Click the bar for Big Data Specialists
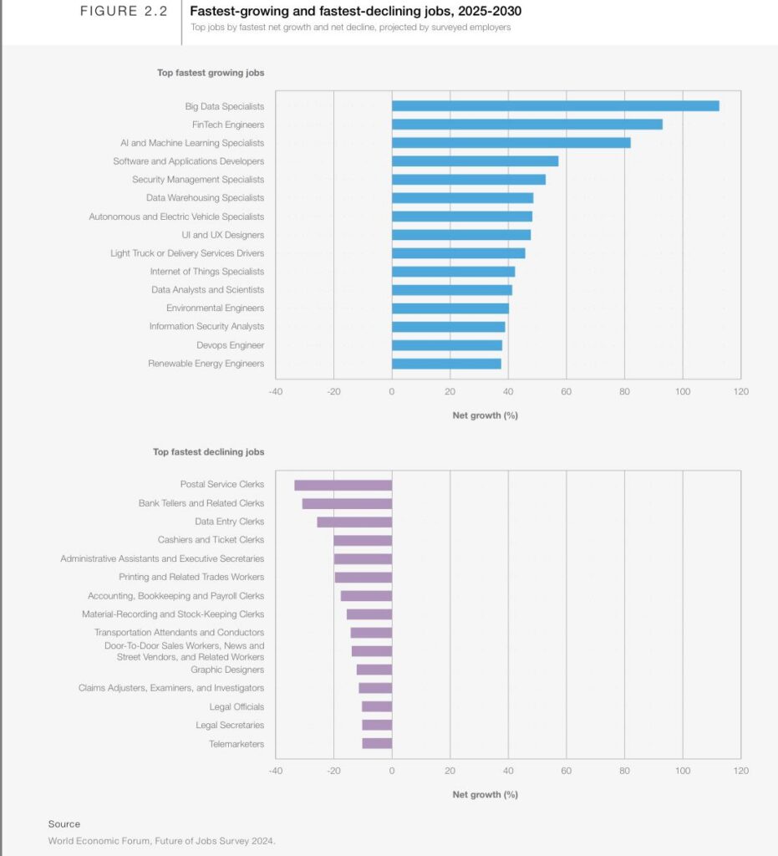pyautogui.click(x=555, y=106)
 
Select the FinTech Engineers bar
pyautogui.click(x=526, y=125)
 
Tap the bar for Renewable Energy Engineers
pyautogui.click(x=446, y=364)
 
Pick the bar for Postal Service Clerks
pyautogui.click(x=343, y=485)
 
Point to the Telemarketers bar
pyautogui.click(x=377, y=743)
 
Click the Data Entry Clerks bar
pyautogui.click(x=354, y=522)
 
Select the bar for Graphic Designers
pyautogui.click(x=374, y=670)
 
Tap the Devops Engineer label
pyautogui.click(x=230, y=345)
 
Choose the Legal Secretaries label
pyautogui.click(x=230, y=725)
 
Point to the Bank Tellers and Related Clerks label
pyautogui.click(x=201, y=503)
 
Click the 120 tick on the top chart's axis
pyautogui.click(x=740, y=391)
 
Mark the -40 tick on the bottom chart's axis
pyautogui.click(x=276, y=770)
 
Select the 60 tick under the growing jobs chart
pyautogui.click(x=566, y=391)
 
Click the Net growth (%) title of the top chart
pyautogui.click(x=485, y=415)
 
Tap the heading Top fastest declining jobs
pyautogui.click(x=208, y=452)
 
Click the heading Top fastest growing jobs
pyautogui.click(x=211, y=73)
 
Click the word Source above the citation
pyautogui.click(x=64, y=824)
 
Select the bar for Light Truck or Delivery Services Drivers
pyautogui.click(x=458, y=253)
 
